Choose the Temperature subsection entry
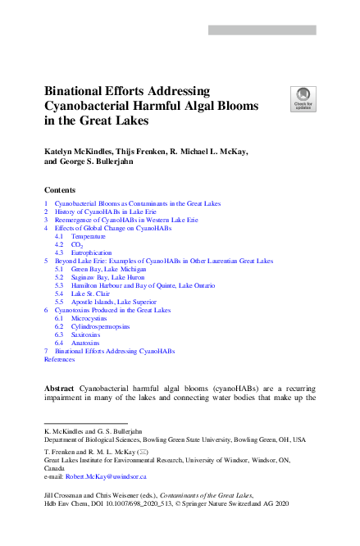(x=88, y=236)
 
